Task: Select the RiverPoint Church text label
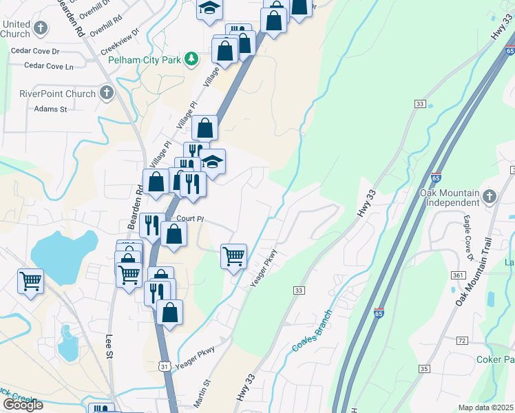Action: pos(48,93)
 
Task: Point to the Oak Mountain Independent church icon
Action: pos(490,195)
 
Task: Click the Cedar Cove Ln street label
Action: pos(49,66)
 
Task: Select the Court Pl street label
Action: pos(191,219)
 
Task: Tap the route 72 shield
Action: pos(462,341)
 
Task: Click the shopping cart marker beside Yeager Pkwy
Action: pos(234,257)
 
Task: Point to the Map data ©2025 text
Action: pos(485,407)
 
